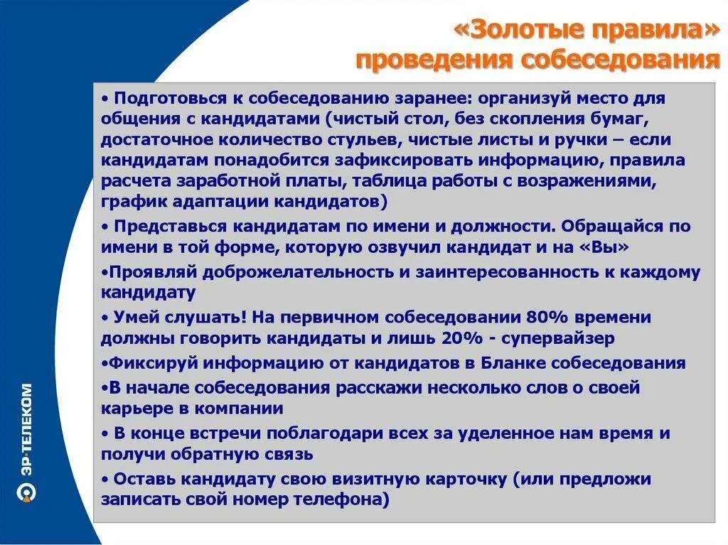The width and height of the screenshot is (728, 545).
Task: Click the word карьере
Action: [134, 409]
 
